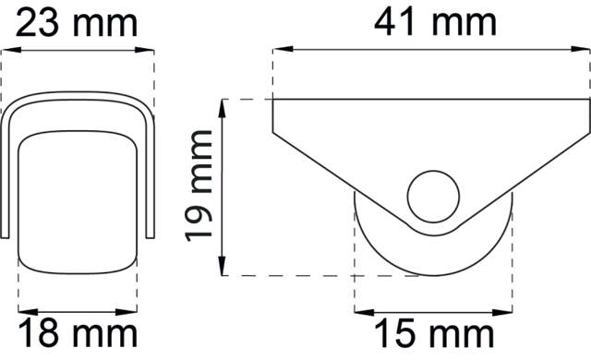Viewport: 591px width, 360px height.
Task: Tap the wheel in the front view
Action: click(78, 198)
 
